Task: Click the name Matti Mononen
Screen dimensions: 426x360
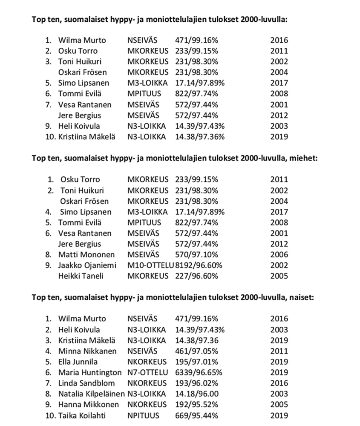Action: tap(86, 255)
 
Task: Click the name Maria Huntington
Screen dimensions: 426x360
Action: tap(91, 372)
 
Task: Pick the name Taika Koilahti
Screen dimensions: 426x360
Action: tap(82, 415)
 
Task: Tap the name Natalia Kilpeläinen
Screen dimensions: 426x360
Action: tap(92, 394)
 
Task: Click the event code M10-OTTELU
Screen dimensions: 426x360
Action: tap(150, 265)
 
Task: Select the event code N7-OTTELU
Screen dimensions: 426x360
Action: tap(147, 372)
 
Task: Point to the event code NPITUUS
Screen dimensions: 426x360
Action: tap(143, 415)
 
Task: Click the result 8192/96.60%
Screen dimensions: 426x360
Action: tap(199, 265)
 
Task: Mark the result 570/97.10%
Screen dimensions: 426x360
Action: tap(196, 255)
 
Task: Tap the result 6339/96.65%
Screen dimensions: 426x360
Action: tap(199, 372)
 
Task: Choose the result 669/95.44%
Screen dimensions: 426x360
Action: tap(196, 415)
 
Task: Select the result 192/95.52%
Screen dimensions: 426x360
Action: tap(196, 405)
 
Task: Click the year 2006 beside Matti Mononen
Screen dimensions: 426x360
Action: tap(279, 255)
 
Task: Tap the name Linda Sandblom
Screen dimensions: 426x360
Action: tap(87, 383)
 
